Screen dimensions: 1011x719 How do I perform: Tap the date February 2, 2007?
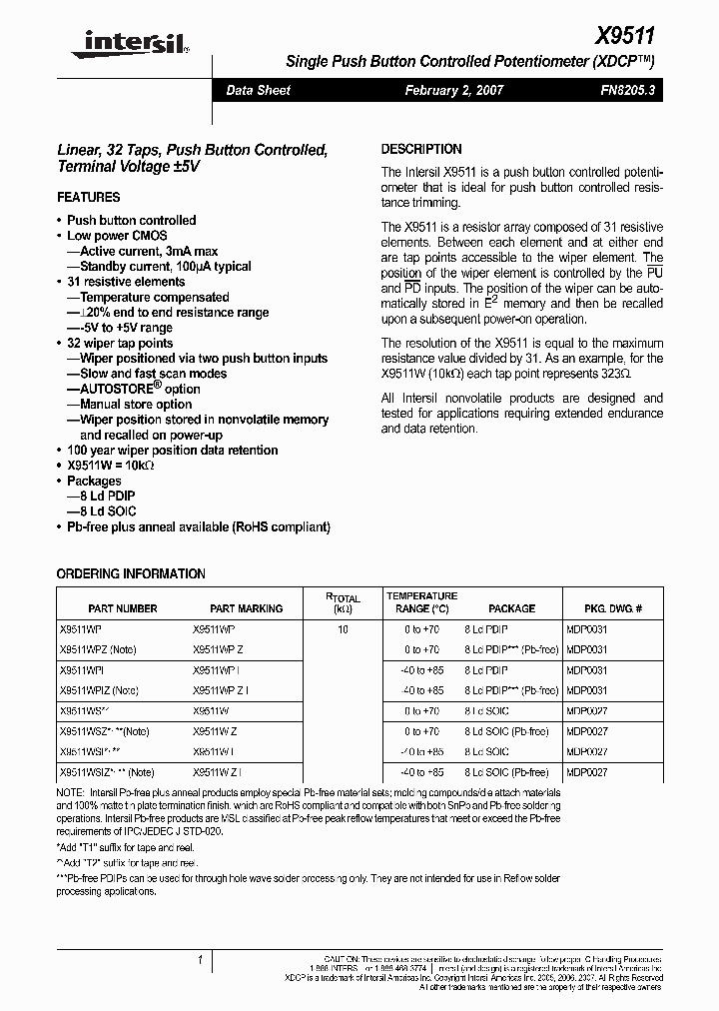454,90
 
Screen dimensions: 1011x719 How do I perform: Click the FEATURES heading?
89,197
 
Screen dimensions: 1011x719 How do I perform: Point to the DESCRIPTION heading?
421,149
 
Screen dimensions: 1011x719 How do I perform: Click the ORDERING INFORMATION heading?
131,574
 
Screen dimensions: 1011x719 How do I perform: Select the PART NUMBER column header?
123,608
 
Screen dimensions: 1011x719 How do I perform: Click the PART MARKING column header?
246,608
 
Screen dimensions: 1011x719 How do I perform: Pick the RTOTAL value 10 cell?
343,629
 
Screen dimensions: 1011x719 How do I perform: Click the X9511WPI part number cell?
82,670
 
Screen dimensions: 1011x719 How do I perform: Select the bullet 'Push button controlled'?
131,220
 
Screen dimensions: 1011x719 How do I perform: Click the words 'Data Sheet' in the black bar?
259,90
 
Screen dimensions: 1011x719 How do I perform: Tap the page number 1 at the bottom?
201,959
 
